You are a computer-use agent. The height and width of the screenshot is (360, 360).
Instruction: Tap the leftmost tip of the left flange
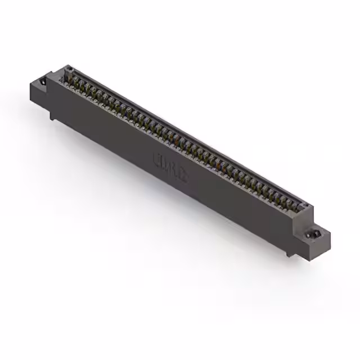(29, 84)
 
